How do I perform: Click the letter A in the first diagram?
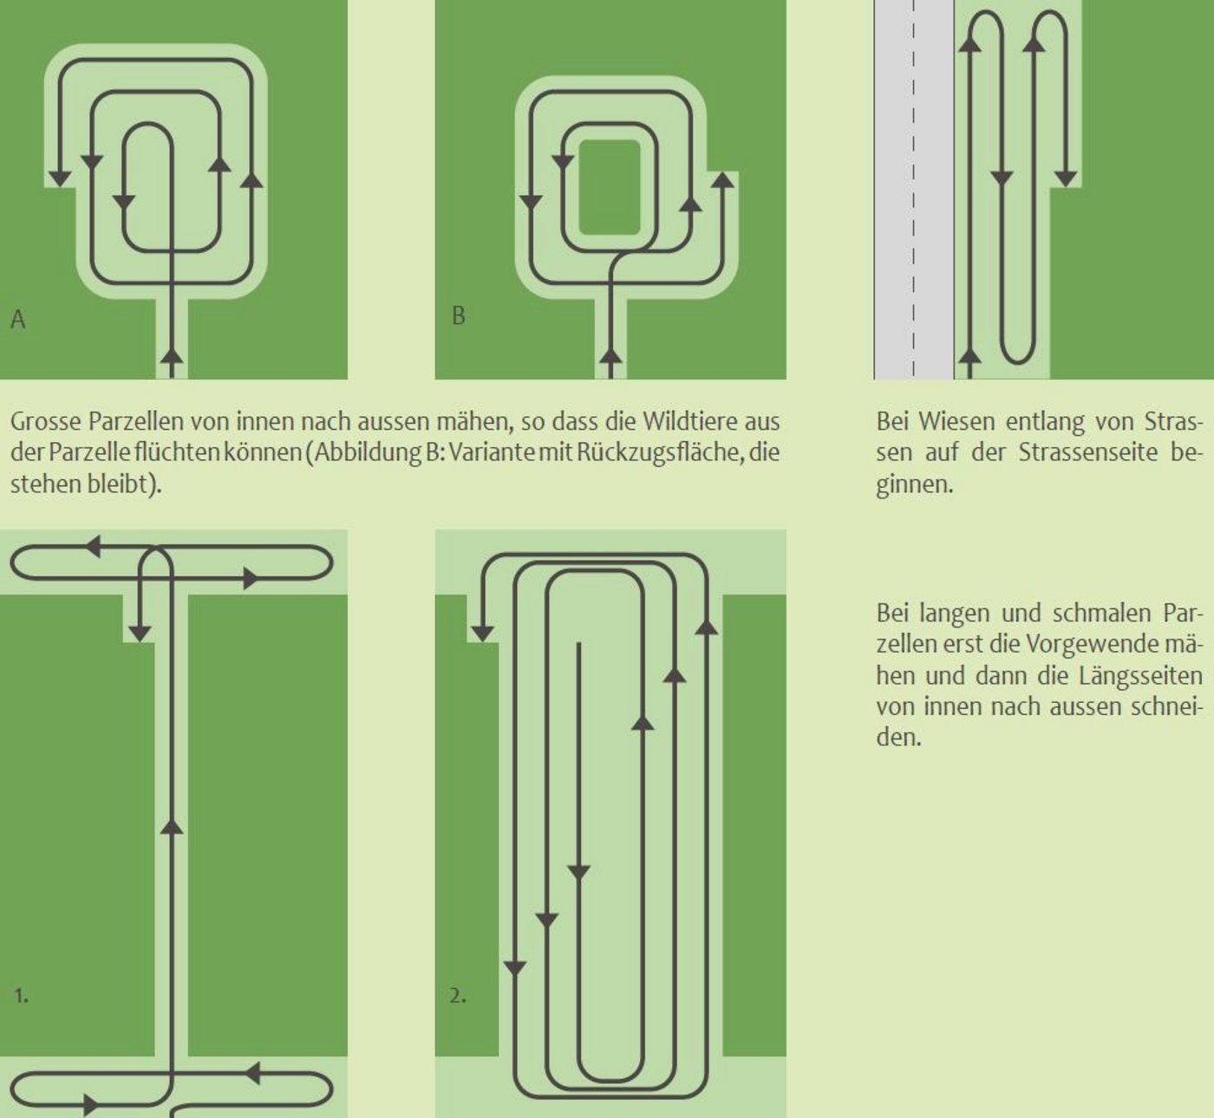point(18,320)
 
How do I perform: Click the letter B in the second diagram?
point(459,315)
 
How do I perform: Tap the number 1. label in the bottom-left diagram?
point(21,996)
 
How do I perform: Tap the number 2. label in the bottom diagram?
point(458,996)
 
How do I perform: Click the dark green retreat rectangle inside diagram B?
point(610,187)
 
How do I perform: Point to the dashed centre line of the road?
point(914,189)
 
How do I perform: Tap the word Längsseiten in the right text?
point(1141,676)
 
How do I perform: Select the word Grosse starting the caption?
point(45,422)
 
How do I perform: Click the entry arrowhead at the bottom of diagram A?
point(172,354)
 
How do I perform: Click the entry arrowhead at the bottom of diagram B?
point(610,354)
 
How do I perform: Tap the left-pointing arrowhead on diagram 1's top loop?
point(93,546)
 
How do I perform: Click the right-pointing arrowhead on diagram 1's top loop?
point(251,578)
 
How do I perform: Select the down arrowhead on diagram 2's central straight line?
point(578,873)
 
